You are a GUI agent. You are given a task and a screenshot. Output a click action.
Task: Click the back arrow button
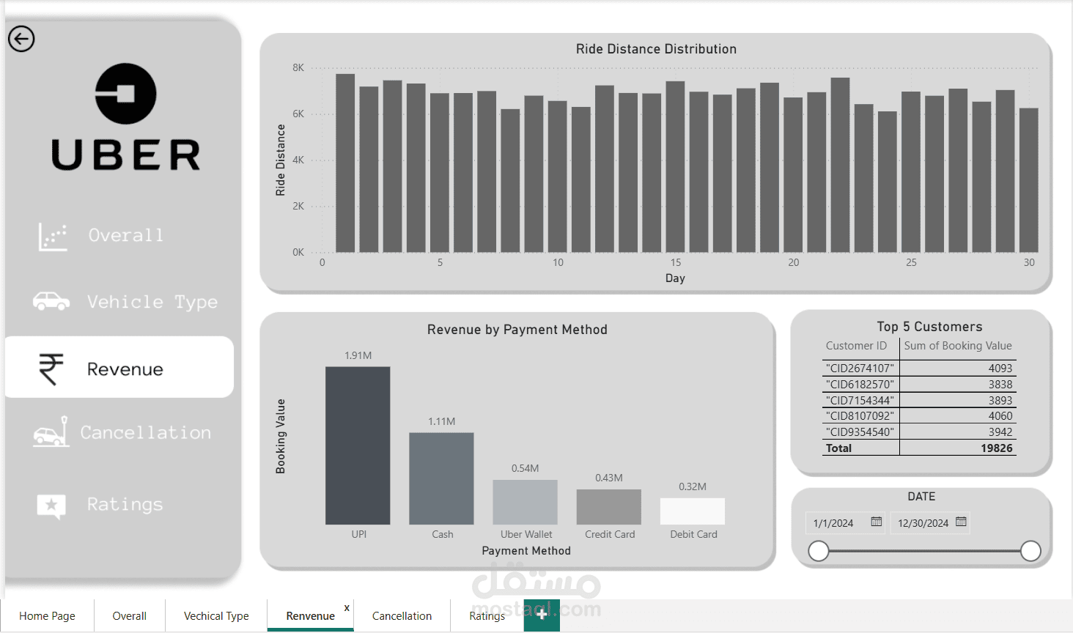point(21,39)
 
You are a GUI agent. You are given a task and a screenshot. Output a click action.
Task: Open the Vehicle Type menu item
point(152,302)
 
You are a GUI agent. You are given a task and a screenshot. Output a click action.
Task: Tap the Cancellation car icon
point(51,433)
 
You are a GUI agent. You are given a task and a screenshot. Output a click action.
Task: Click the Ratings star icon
point(51,505)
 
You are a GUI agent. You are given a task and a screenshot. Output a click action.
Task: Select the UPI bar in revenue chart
point(358,445)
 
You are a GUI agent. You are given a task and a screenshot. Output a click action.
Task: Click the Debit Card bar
point(693,511)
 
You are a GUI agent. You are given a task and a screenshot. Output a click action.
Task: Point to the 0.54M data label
point(525,468)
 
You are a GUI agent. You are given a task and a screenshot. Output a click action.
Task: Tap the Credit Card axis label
point(610,534)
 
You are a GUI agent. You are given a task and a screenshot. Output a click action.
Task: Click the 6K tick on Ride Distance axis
point(298,114)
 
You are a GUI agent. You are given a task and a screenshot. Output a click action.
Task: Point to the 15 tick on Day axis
point(676,262)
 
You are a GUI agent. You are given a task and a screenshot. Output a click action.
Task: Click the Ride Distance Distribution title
point(656,49)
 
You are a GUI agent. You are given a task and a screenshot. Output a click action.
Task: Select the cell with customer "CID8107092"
point(860,415)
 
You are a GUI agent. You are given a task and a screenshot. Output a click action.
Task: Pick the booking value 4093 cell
point(1000,368)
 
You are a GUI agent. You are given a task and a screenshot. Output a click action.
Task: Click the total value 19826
point(996,448)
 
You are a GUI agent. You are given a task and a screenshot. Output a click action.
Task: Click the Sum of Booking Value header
point(957,346)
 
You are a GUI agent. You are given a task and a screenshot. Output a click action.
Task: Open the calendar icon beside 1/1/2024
point(876,522)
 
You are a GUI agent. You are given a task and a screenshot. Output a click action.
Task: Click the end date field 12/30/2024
point(923,523)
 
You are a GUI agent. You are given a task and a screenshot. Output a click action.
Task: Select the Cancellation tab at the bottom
point(402,616)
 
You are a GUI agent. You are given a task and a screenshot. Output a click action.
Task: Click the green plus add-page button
point(542,615)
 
